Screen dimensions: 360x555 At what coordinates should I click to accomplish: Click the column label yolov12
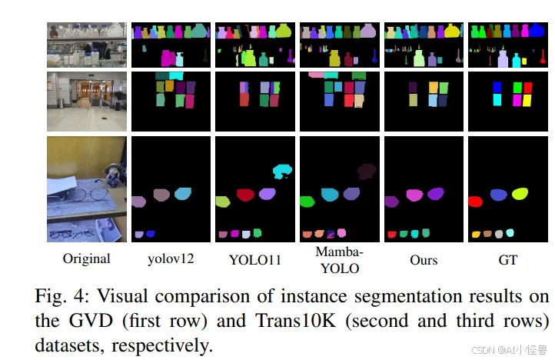(x=171, y=260)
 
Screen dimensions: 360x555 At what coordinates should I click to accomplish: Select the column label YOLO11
(x=254, y=260)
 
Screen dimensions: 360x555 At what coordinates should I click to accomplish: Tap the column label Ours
(x=424, y=260)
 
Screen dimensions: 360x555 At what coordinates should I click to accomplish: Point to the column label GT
(x=507, y=260)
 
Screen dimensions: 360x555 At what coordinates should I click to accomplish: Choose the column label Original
(x=86, y=260)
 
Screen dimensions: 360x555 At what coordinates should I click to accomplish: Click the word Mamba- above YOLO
(x=338, y=252)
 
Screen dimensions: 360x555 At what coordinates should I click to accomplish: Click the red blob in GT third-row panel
(x=474, y=202)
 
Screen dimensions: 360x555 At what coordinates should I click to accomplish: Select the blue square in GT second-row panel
(x=497, y=87)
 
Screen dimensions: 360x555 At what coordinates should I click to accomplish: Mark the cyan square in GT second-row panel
(x=497, y=100)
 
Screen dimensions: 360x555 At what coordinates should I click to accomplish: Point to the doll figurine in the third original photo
(x=113, y=172)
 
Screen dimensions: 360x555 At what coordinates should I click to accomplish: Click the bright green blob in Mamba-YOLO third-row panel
(x=307, y=202)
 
